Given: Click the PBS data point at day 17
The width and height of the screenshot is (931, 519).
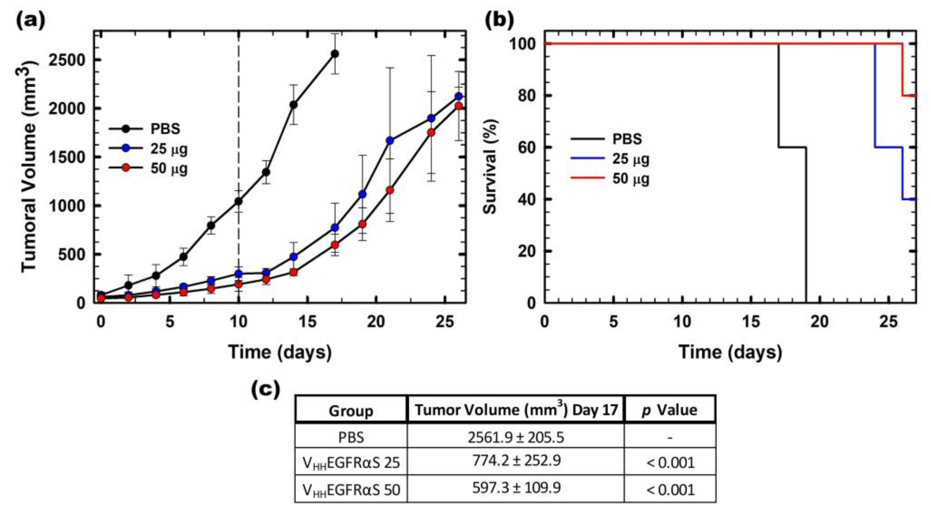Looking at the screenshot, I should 335,54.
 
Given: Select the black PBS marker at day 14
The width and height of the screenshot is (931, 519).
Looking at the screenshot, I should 294,105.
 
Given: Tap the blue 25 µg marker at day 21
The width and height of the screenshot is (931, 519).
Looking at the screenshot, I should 389,141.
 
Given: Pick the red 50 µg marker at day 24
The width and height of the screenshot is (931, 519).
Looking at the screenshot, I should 431,132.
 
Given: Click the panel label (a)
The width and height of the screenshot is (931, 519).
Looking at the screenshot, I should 31,21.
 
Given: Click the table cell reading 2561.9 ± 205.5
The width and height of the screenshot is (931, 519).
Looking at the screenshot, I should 516,437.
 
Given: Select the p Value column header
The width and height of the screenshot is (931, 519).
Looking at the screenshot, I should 669,410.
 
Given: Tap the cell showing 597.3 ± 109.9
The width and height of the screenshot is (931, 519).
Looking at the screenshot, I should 516,488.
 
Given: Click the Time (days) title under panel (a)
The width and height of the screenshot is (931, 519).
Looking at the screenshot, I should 280,352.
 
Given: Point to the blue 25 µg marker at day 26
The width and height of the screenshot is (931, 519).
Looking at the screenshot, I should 459,96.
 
